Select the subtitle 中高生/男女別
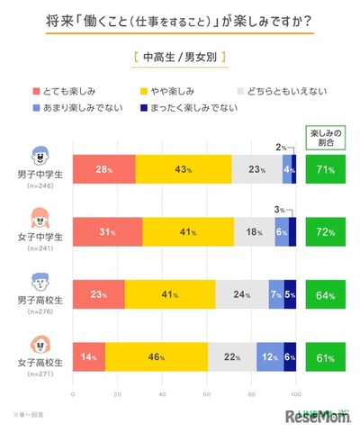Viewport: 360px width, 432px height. pos(179,58)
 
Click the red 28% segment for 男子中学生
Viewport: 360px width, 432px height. pos(103,169)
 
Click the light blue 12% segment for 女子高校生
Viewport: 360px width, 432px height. pos(270,357)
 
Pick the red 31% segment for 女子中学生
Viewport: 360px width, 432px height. pos(107,231)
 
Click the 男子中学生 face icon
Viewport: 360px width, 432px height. pos(40,154)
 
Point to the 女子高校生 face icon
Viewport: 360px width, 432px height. pos(40,343)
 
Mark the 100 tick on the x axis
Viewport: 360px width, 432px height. pos(296,393)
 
